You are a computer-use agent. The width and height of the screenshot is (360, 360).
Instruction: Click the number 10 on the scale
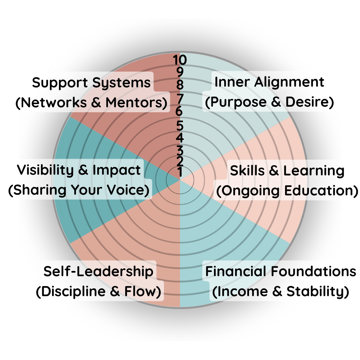(x=180, y=60)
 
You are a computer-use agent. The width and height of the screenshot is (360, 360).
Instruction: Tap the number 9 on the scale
(x=180, y=72)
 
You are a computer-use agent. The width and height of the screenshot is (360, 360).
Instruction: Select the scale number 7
(x=180, y=98)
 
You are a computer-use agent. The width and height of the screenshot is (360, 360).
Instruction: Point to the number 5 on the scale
(x=180, y=125)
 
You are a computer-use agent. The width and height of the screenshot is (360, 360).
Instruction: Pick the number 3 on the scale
(x=180, y=151)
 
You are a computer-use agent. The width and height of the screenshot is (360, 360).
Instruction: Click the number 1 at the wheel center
(x=180, y=172)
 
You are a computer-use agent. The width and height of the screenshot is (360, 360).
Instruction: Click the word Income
(x=242, y=291)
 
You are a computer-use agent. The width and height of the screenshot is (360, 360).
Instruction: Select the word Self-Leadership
(x=98, y=271)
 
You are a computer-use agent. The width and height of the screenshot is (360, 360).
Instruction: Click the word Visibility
(x=45, y=170)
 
